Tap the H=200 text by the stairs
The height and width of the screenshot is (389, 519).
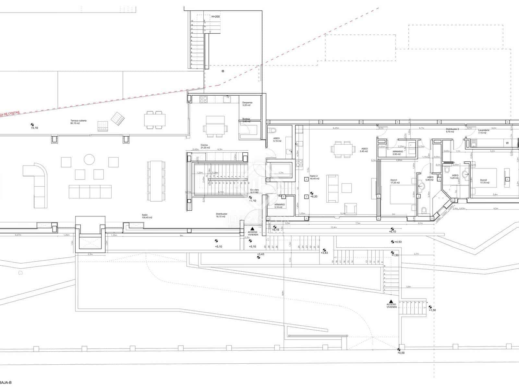215,16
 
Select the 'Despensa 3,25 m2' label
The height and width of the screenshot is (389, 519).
247,104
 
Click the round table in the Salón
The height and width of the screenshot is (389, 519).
89,159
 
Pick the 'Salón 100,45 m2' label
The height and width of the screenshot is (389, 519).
147,216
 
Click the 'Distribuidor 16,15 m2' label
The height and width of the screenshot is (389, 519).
221,215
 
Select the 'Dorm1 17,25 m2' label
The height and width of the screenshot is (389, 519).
395,181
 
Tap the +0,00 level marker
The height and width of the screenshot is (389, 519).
401,353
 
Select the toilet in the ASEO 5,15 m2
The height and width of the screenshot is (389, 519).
273,130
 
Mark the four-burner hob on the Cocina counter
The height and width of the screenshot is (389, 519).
203,99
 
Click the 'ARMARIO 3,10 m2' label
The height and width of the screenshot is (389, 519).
279,206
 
